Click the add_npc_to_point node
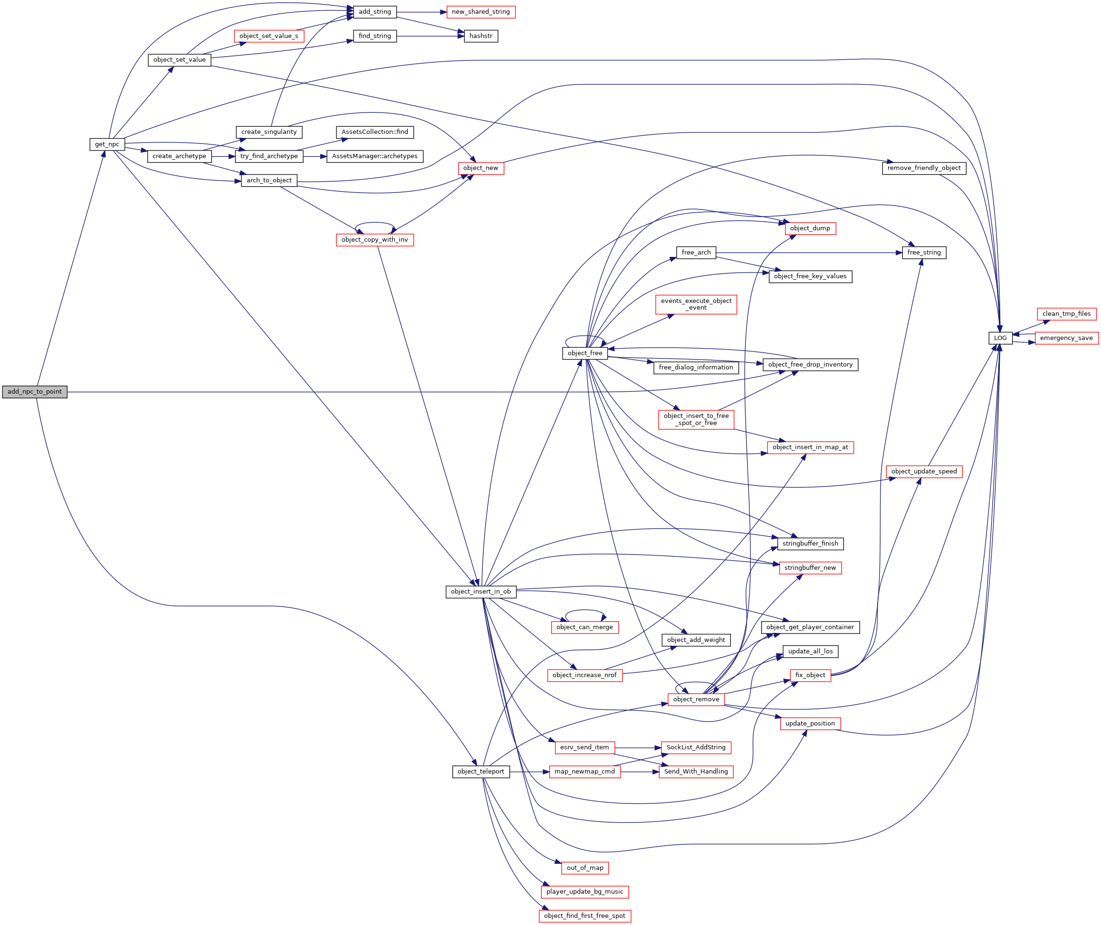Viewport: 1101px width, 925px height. (x=35, y=392)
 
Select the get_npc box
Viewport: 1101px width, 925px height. (x=107, y=144)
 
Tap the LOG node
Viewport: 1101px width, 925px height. (x=1000, y=338)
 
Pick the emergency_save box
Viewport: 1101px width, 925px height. (x=1066, y=338)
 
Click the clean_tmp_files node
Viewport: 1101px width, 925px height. (x=1066, y=314)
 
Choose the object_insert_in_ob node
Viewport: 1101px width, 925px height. (x=480, y=592)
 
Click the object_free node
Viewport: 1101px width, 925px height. (x=584, y=353)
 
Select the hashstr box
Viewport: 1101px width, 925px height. (x=480, y=36)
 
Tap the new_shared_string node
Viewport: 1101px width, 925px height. (x=480, y=12)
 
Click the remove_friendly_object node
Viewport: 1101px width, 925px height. (x=924, y=168)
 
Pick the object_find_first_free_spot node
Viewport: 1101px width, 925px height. (x=584, y=916)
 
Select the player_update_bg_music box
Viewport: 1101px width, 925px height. (x=584, y=891)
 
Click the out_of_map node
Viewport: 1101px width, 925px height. (x=584, y=868)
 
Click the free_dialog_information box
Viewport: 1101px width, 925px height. (x=695, y=368)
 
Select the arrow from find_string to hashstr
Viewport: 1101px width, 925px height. (x=431, y=36)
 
